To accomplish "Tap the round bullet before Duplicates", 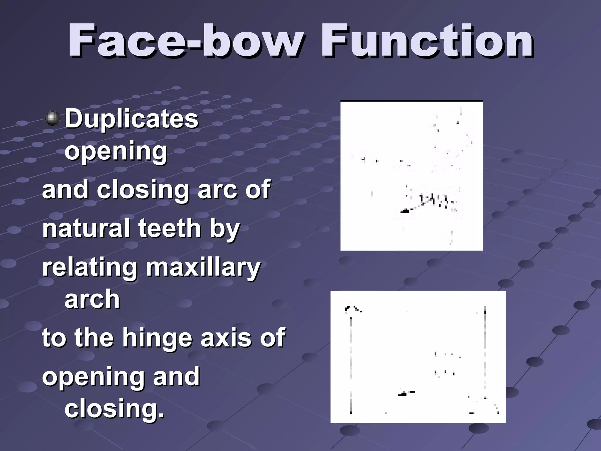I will coord(53,118).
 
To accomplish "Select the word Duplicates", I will coord(131,119).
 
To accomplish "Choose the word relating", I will coord(90,267).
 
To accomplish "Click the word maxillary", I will coord(203,267).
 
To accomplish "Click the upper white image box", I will coord(411,176).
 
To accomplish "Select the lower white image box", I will coord(418,357).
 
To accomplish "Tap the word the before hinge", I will coord(94,338).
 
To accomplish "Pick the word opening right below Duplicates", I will coord(116,151).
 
